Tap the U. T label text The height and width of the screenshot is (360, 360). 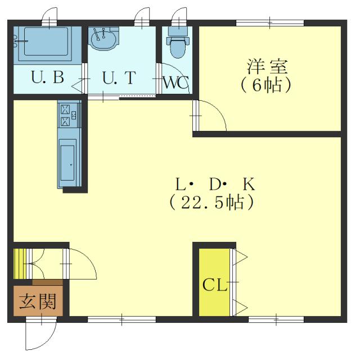tap(119, 78)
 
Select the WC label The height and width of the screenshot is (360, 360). tap(175, 82)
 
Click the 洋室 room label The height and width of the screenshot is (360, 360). tap(268, 67)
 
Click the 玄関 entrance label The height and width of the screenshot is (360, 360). tap(38, 302)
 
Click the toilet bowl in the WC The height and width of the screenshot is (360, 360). tap(177, 48)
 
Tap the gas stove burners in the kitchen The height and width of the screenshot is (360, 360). tap(66, 114)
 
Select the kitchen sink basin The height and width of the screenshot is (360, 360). tap(67, 163)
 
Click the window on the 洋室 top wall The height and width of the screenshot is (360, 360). tap(270, 22)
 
